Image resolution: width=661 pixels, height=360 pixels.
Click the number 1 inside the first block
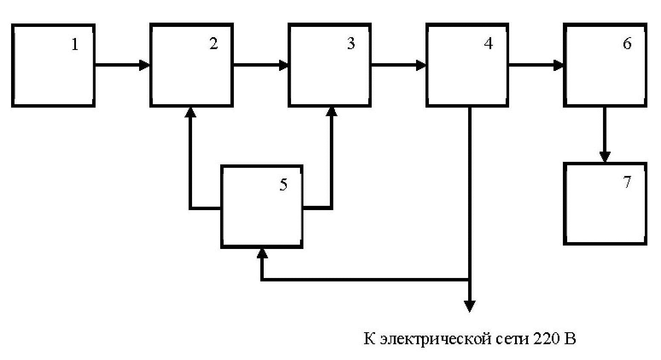tap(75, 44)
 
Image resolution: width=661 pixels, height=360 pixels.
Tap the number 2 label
tap(213, 44)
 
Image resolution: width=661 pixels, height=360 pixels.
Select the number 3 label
tap(351, 44)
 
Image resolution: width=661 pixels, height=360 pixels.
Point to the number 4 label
tap(489, 44)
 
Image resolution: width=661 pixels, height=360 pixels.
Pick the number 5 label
tap(283, 185)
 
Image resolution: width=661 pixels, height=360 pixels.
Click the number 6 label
tap(627, 44)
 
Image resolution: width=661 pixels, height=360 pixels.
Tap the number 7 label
tap(627, 182)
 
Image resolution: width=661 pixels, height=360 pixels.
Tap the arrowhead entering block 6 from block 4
tap(559, 65)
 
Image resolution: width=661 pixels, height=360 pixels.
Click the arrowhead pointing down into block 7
tap(605, 157)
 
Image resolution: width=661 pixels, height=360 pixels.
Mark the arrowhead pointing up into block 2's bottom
tap(191, 112)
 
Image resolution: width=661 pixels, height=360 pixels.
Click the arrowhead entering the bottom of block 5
tap(262, 253)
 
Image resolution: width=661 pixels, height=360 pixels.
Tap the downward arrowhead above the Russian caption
tap(469, 306)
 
